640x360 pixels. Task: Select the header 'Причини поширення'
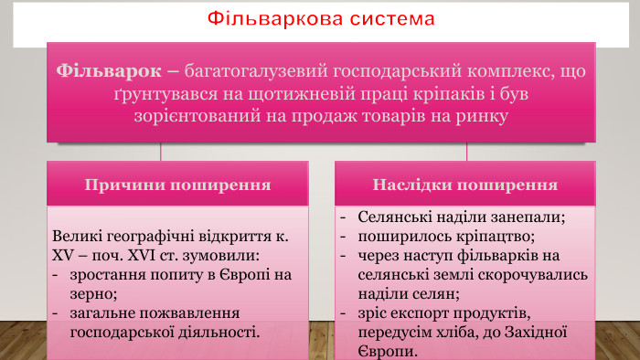(177, 185)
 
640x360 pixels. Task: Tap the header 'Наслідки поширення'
(465, 185)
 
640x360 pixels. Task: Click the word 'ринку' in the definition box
(508, 117)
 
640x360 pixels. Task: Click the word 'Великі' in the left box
(79, 237)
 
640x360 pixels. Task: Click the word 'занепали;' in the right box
(529, 217)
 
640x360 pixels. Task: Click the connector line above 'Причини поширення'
(162, 152)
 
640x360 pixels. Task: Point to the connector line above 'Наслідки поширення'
(466, 152)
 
